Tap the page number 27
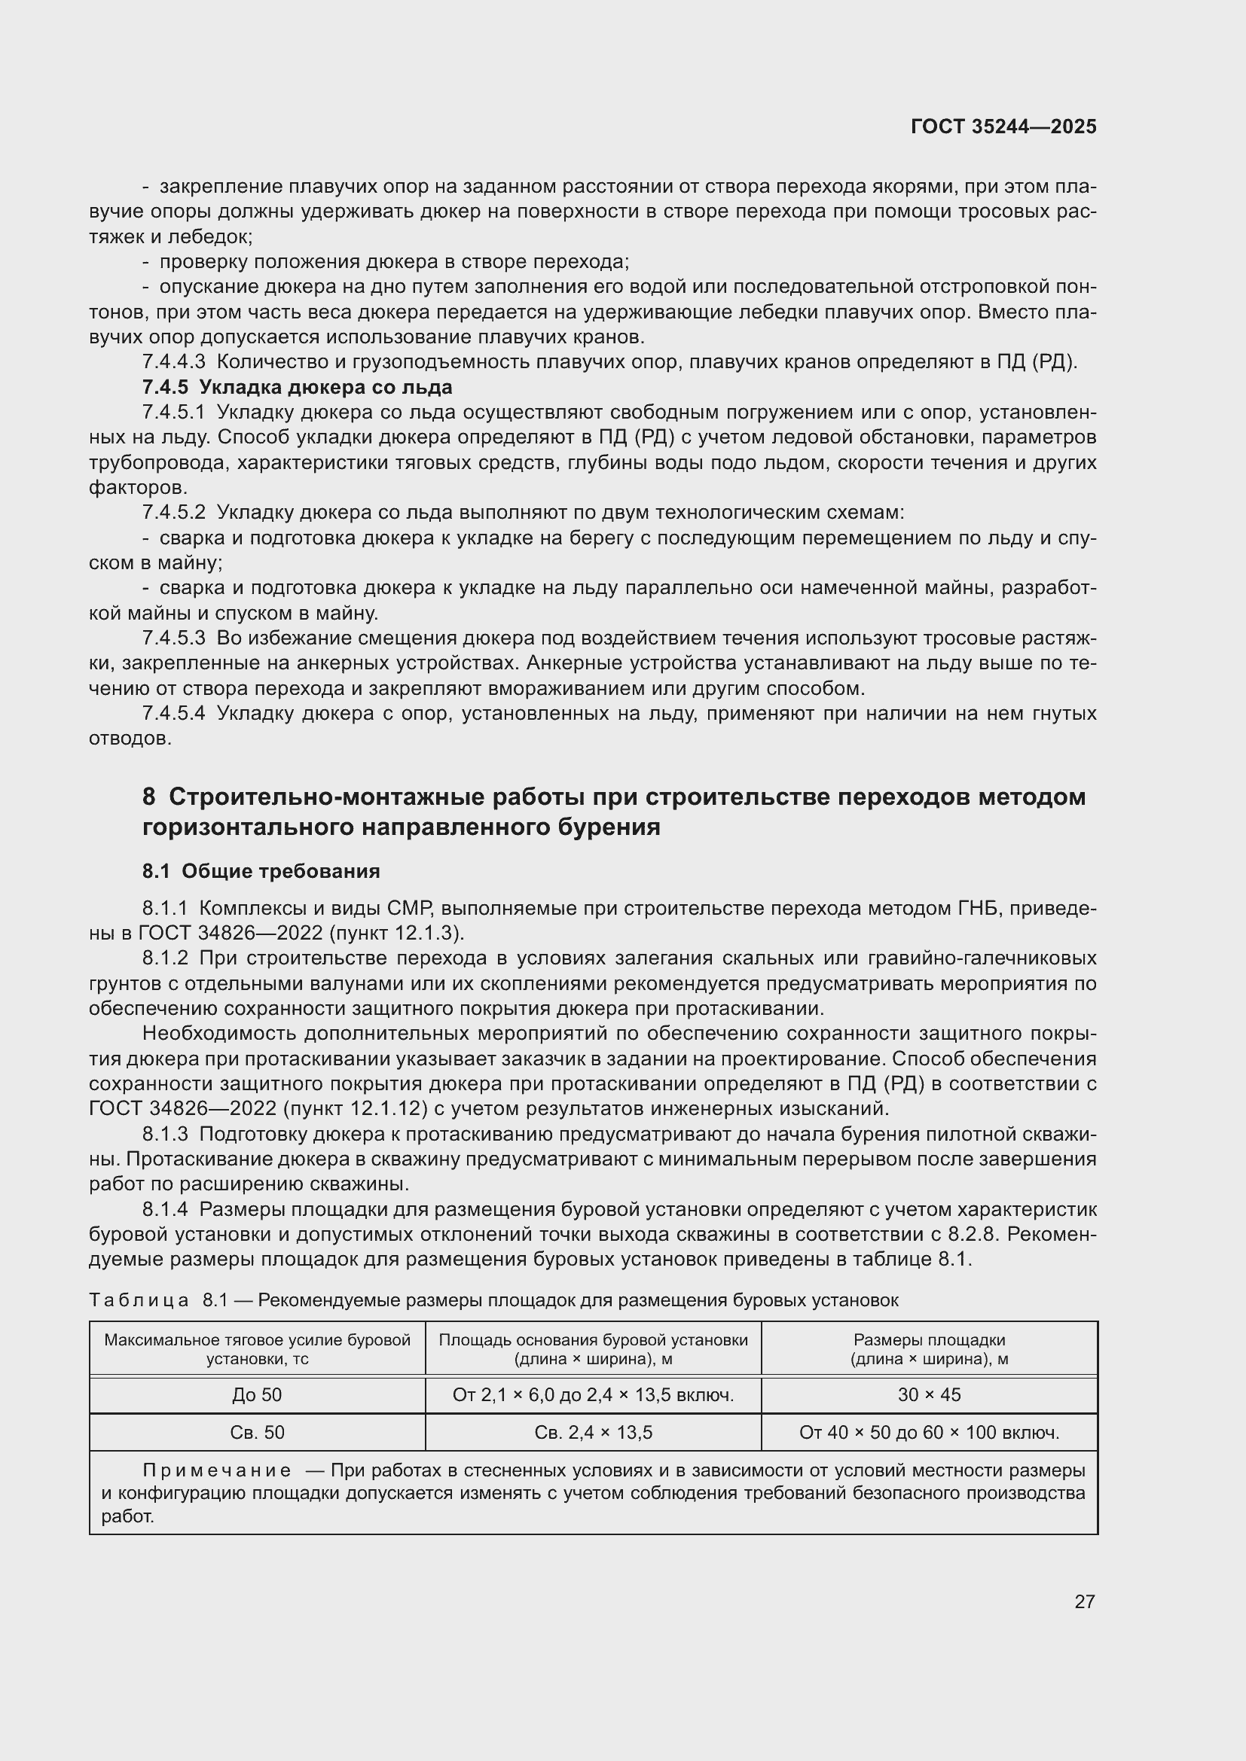tap(1084, 1601)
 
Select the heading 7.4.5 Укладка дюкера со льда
tap(297, 387)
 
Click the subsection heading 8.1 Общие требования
tap(261, 871)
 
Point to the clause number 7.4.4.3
tap(173, 362)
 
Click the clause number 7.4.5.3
tap(173, 638)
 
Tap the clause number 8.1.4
tap(165, 1210)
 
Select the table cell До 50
tap(257, 1395)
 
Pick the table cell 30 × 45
tap(928, 1395)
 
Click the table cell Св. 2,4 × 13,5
tap(593, 1433)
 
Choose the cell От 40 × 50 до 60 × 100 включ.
tap(928, 1433)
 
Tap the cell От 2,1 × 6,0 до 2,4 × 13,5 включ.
tap(593, 1395)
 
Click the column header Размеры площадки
tap(928, 1349)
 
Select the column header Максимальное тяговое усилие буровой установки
tap(257, 1349)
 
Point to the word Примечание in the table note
tap(217, 1471)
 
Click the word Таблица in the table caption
tap(139, 1300)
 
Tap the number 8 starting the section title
tap(149, 797)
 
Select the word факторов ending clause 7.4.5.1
tap(138, 488)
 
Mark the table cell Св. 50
tap(257, 1433)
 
